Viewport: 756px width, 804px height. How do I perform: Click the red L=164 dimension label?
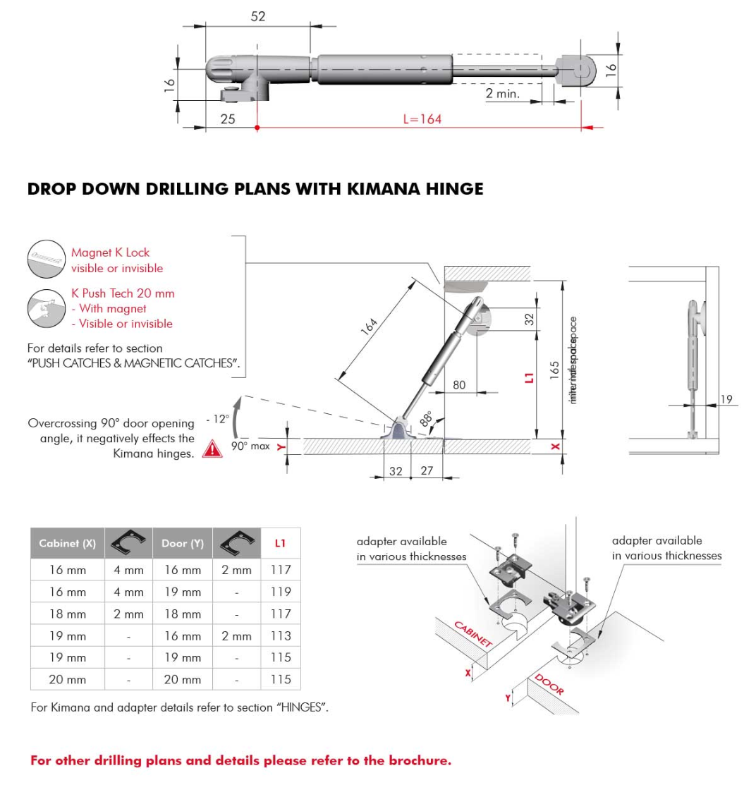click(x=422, y=119)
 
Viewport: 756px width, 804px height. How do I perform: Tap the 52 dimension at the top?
click(x=258, y=16)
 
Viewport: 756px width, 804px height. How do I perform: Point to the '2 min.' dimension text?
click(x=502, y=93)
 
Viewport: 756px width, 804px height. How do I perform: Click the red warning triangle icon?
click(x=212, y=449)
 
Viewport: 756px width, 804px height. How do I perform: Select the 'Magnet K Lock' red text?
click(x=110, y=252)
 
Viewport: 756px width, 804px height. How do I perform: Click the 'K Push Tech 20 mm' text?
click(x=123, y=293)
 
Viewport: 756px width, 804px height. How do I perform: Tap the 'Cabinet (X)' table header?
click(x=67, y=543)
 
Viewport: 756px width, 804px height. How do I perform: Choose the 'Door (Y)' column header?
click(x=182, y=543)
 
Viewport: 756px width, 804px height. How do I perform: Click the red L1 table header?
click(x=281, y=543)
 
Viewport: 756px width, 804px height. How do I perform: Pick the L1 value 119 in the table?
click(x=281, y=592)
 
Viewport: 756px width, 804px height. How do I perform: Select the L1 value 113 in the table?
click(x=281, y=635)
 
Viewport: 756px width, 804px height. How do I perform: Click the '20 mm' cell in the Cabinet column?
click(x=67, y=680)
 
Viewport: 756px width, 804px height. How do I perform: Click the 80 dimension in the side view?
click(x=459, y=385)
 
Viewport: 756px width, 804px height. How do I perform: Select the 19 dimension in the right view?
click(x=726, y=399)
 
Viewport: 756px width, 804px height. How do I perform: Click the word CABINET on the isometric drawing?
click(x=472, y=634)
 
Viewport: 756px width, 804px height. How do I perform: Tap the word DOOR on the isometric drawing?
click(x=549, y=685)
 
